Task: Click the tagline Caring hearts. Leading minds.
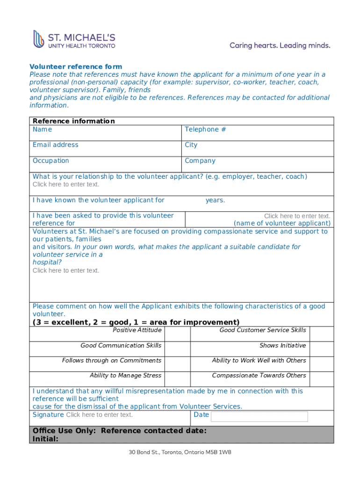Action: (280, 45)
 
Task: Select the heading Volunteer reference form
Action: (76, 67)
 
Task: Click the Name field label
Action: (42, 130)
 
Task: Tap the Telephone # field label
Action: (205, 130)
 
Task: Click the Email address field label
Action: (55, 145)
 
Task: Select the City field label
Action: (191, 145)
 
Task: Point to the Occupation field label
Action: (50, 161)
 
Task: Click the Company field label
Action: (200, 161)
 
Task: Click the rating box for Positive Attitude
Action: (177, 334)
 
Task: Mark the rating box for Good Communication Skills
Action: (177, 349)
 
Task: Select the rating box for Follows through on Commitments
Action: (177, 364)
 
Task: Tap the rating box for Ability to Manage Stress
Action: (177, 379)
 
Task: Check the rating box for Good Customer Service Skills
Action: (322, 334)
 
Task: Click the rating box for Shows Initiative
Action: (322, 349)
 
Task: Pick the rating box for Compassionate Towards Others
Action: (322, 379)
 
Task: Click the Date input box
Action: (259, 416)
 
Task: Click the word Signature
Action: (48, 415)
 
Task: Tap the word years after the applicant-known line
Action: (215, 200)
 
